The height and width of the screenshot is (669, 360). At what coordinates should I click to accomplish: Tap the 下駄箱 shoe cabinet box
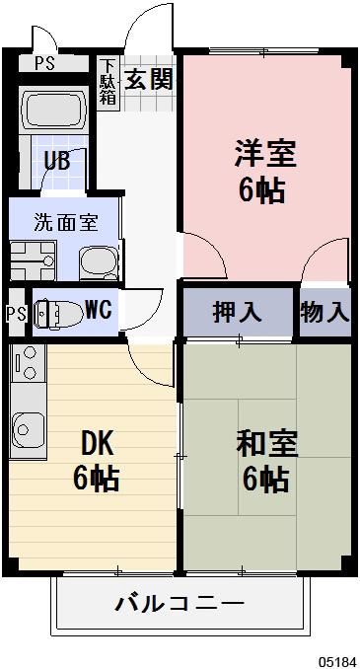click(108, 82)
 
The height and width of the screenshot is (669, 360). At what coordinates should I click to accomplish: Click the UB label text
click(55, 161)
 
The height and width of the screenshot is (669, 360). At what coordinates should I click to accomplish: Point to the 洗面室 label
click(65, 221)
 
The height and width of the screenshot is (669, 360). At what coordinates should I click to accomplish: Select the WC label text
click(98, 310)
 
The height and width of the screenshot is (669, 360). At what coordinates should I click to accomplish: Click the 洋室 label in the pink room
click(264, 154)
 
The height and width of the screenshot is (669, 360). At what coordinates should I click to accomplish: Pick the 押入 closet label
click(238, 313)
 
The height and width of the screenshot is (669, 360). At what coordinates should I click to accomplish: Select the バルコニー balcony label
click(179, 601)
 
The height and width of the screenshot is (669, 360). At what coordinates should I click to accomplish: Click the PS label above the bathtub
click(44, 64)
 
